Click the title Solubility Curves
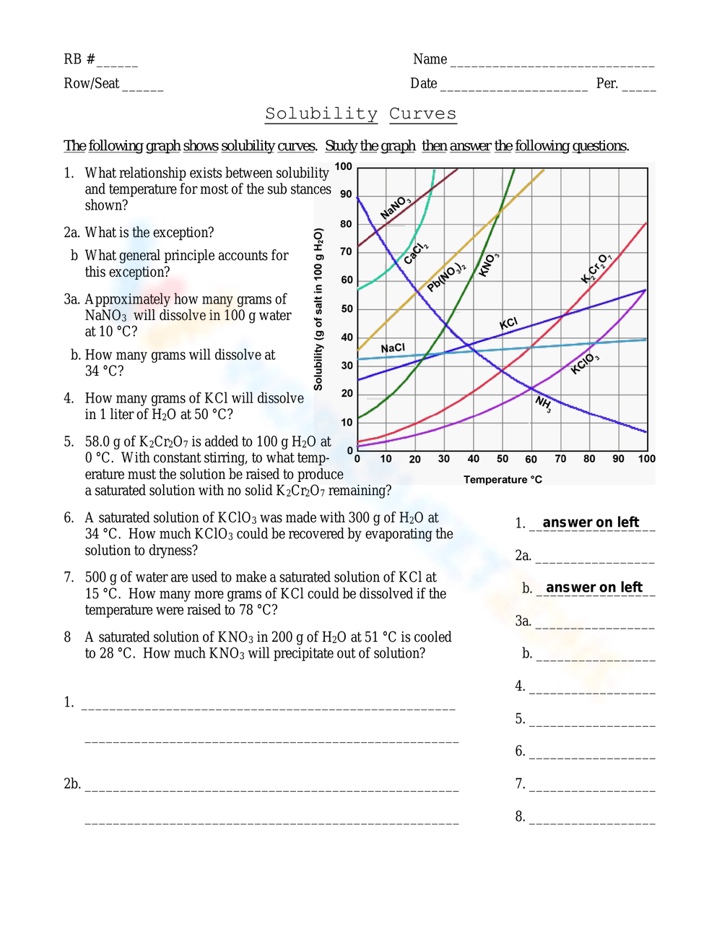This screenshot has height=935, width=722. [360, 113]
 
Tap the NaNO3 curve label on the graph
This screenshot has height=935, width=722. [396, 207]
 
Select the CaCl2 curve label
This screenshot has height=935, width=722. [416, 254]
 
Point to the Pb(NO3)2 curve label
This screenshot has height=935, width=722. [446, 277]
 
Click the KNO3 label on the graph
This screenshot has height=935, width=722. [489, 265]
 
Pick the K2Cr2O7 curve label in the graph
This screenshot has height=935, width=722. [596, 268]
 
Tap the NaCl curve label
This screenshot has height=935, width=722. [393, 348]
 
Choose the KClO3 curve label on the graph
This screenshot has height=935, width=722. [585, 363]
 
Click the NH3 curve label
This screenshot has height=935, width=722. [544, 404]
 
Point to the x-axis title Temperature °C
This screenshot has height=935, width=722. [503, 480]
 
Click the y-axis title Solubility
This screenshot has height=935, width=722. [318, 309]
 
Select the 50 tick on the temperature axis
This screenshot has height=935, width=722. [503, 459]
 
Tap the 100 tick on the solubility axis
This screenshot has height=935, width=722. [344, 167]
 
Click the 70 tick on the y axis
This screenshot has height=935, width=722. [347, 251]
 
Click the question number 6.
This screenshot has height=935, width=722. [69, 518]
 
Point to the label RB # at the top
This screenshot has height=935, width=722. [79, 59]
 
